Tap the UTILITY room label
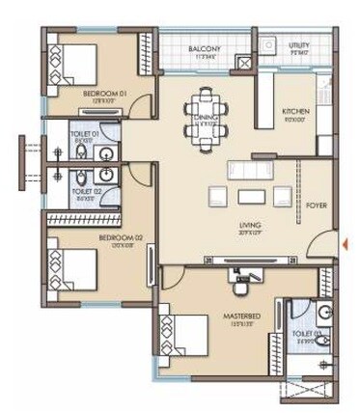point(299,46)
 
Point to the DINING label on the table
point(206,121)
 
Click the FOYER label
point(316,205)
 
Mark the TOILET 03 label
point(309,338)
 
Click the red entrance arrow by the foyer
point(343,243)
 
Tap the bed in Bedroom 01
point(76,64)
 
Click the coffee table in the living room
point(250,197)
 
